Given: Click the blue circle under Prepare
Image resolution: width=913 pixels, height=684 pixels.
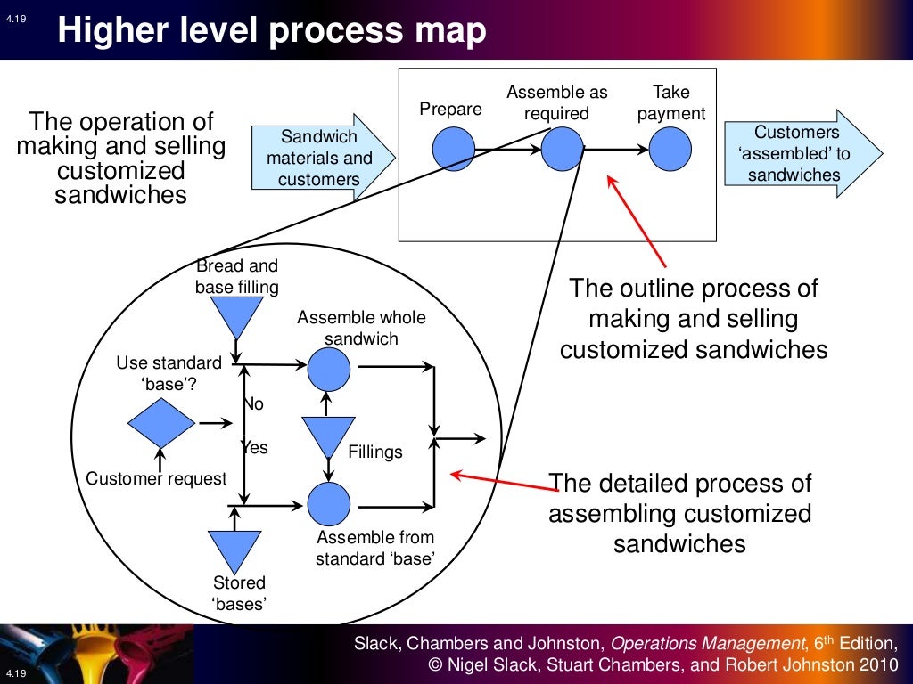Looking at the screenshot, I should (x=454, y=149).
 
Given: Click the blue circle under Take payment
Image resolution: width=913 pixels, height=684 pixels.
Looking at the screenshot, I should (x=670, y=149).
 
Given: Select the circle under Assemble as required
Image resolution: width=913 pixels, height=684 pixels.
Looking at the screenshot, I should (x=562, y=149).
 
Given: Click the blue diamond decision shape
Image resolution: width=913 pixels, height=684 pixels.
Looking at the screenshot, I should (x=160, y=421).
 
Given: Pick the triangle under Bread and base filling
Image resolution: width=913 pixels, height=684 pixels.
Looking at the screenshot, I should (x=236, y=314).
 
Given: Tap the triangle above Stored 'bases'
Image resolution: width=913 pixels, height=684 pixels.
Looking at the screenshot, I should (x=234, y=548).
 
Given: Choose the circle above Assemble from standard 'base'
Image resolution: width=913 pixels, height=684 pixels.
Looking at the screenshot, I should (x=329, y=504).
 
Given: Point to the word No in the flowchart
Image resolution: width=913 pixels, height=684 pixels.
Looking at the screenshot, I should (x=254, y=404).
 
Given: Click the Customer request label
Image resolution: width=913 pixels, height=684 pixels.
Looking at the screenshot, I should (x=156, y=479).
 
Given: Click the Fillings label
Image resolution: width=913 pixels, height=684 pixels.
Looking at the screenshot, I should (x=375, y=452).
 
